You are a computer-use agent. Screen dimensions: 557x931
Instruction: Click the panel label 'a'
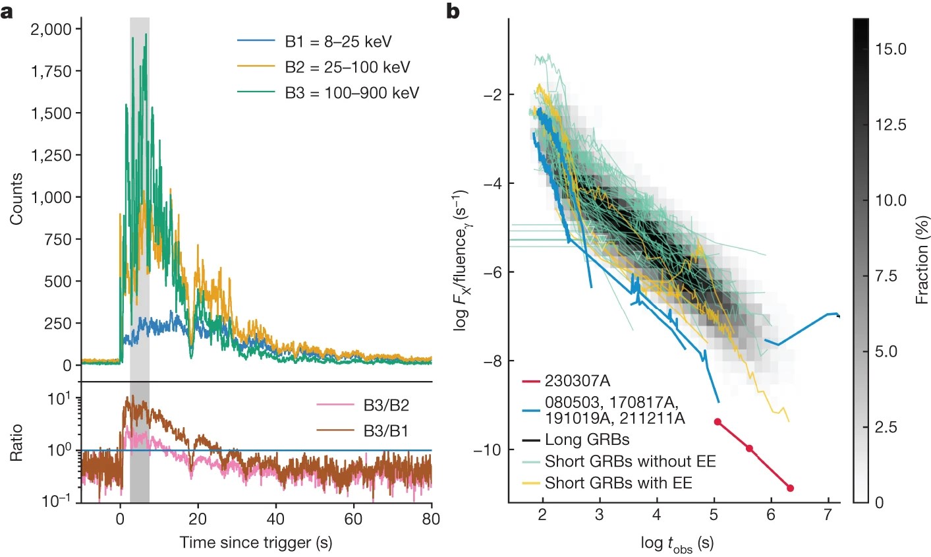pos(7,12)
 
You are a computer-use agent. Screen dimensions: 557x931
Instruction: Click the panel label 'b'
pos(453,12)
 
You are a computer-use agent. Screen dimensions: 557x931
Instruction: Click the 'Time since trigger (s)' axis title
pos(256,542)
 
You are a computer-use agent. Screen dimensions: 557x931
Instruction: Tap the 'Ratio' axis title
pos(16,442)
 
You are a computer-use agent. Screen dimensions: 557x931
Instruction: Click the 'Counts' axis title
pos(16,198)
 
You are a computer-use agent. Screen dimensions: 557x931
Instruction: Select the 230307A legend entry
pos(577,381)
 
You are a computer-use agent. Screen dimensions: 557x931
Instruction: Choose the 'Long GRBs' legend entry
pos(587,439)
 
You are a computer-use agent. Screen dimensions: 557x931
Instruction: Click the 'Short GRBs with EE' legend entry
pos(618,483)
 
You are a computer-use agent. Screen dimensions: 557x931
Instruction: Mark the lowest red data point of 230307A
pos(790,488)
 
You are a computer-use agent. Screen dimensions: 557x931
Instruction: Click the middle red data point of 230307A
pos(749,448)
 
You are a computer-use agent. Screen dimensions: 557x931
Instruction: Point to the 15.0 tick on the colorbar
pos(891,49)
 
